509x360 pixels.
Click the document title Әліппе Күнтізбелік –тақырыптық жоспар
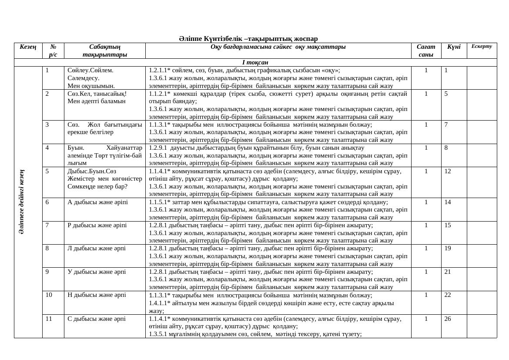(x=248, y=39)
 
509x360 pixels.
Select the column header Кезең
(x=28, y=47)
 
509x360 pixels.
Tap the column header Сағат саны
(x=425, y=50)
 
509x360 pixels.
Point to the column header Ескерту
(x=482, y=46)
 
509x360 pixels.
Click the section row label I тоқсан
(x=255, y=62)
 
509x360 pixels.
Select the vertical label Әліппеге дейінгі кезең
(x=22, y=202)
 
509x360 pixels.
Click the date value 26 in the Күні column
(x=448, y=318)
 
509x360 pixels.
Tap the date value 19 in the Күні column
(x=448, y=248)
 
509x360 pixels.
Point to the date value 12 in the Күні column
(x=448, y=171)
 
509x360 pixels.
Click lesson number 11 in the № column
(x=49, y=318)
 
